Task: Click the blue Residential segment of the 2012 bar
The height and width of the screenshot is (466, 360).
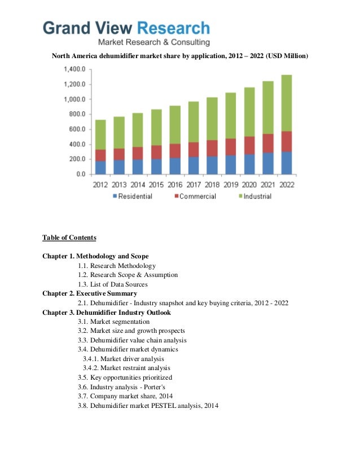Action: (100, 168)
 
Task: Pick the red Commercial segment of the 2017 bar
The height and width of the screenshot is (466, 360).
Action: (194, 150)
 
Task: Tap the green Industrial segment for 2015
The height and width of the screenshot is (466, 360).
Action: (156, 127)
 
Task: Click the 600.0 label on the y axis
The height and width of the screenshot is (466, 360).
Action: (76, 129)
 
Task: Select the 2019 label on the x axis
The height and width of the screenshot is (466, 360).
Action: (231, 184)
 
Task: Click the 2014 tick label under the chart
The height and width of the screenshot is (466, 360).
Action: (138, 184)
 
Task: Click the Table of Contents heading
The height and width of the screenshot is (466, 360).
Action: (69, 238)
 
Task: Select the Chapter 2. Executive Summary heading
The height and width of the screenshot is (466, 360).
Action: (90, 293)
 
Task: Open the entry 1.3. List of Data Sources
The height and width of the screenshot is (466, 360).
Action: (113, 284)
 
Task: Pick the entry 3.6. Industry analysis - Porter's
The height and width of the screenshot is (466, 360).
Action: (121, 386)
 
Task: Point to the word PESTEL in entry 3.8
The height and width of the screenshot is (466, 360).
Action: (166, 405)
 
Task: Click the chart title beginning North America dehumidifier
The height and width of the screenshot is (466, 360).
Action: (180, 55)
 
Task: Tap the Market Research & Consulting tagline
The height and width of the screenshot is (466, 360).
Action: (154, 42)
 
